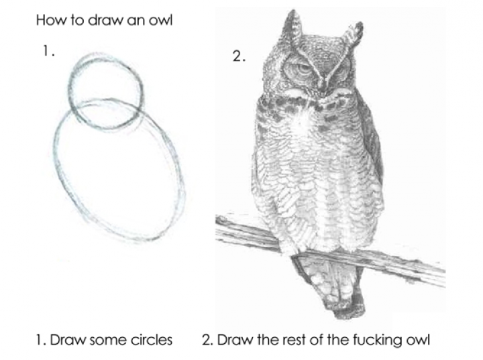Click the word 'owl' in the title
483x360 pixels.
pyautogui.click(x=160, y=20)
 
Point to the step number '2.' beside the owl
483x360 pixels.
pyautogui.click(x=239, y=56)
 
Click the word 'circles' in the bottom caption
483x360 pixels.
pyautogui.click(x=151, y=340)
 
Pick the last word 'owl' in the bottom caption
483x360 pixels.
pyautogui.click(x=418, y=340)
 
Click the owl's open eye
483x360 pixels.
pyautogui.click(x=303, y=69)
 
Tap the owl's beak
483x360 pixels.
pyautogui.click(x=323, y=84)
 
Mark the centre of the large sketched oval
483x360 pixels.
pyautogui.click(x=119, y=170)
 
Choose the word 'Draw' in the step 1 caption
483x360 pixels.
pyautogui.click(x=68, y=340)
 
